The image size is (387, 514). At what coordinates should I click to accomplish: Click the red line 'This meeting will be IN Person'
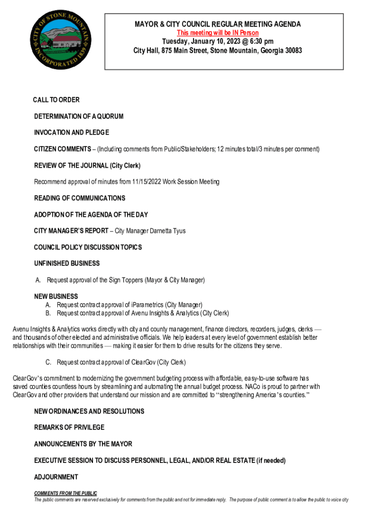click(x=218, y=33)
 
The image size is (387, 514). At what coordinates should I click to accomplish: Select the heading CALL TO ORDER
click(x=56, y=100)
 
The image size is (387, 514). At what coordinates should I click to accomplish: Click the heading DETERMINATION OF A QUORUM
click(x=78, y=116)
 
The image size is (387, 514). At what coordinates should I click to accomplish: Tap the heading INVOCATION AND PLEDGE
click(x=71, y=133)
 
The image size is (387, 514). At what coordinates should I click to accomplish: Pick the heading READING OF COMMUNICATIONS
click(x=79, y=198)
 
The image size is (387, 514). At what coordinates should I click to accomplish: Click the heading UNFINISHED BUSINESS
click(x=67, y=264)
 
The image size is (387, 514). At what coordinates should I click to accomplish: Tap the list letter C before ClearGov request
click(x=48, y=362)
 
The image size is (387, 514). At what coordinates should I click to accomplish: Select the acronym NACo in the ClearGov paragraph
click(x=253, y=387)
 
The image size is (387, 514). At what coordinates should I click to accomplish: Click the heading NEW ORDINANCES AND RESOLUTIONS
click(x=89, y=411)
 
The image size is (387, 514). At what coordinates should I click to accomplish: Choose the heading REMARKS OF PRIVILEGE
click(x=69, y=427)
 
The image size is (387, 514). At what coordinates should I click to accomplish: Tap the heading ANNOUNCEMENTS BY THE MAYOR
click(x=83, y=444)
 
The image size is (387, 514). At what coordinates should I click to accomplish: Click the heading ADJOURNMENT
click(x=56, y=477)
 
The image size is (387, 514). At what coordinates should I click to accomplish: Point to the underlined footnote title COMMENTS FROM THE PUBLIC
click(x=65, y=493)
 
